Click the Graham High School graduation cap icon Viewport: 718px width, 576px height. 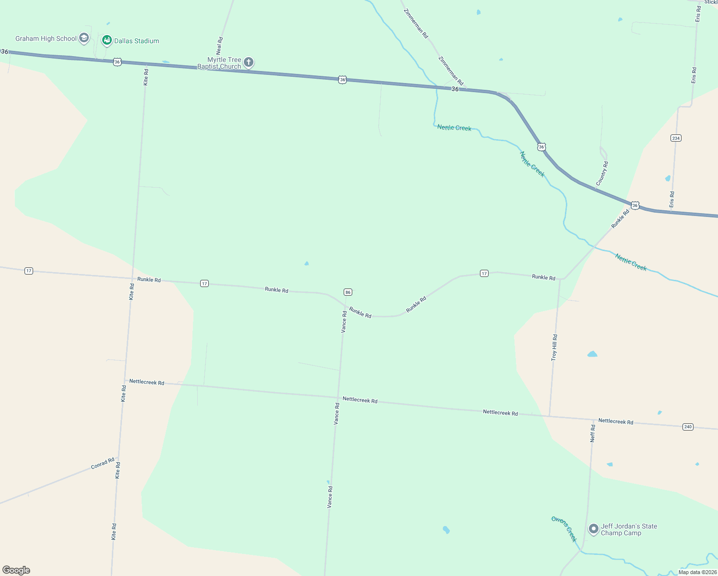click(x=84, y=38)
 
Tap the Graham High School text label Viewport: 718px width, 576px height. click(x=46, y=38)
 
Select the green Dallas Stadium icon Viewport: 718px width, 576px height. click(x=107, y=40)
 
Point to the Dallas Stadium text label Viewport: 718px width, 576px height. click(x=137, y=41)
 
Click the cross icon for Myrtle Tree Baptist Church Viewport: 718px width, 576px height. click(x=249, y=62)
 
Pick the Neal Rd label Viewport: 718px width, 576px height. click(x=220, y=46)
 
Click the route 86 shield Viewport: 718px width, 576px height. click(x=348, y=292)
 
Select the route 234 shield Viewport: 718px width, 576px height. click(x=676, y=138)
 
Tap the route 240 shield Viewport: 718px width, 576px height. click(x=688, y=427)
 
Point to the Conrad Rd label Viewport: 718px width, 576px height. click(x=103, y=464)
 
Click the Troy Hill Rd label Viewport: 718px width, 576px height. click(x=554, y=348)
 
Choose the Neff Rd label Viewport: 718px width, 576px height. click(x=593, y=433)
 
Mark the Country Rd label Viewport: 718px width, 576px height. click(x=602, y=173)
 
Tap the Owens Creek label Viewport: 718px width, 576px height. click(x=564, y=528)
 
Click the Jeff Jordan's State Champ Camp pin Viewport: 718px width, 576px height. click(x=594, y=528)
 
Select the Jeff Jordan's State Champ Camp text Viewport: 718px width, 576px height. click(x=629, y=529)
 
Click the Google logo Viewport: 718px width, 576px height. click(x=16, y=570)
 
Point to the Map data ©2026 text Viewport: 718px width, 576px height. click(x=697, y=572)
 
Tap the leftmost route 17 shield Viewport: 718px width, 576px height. click(x=29, y=271)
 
